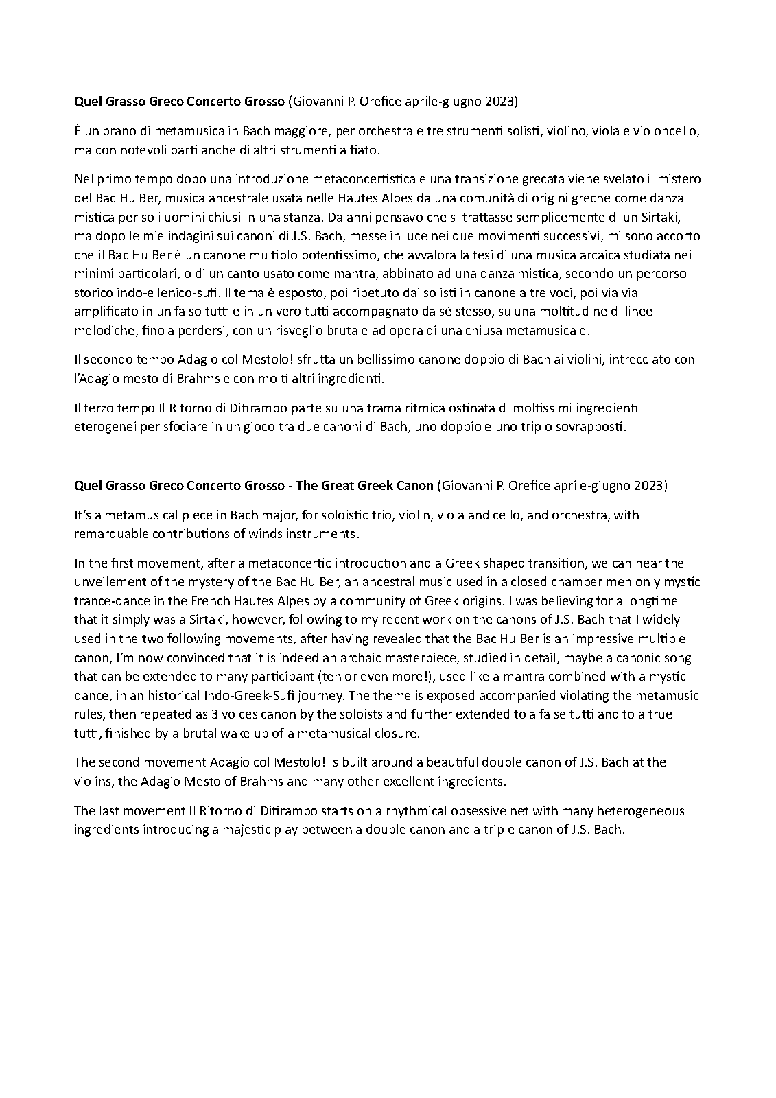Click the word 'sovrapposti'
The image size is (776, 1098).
(x=591, y=427)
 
